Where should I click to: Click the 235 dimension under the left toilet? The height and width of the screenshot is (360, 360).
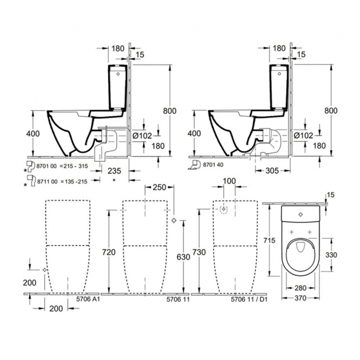click(x=115, y=171)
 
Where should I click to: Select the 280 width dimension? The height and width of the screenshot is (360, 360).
click(x=300, y=288)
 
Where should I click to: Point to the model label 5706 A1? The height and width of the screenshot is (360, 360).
click(x=88, y=299)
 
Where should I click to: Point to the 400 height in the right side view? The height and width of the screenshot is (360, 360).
click(x=194, y=133)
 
